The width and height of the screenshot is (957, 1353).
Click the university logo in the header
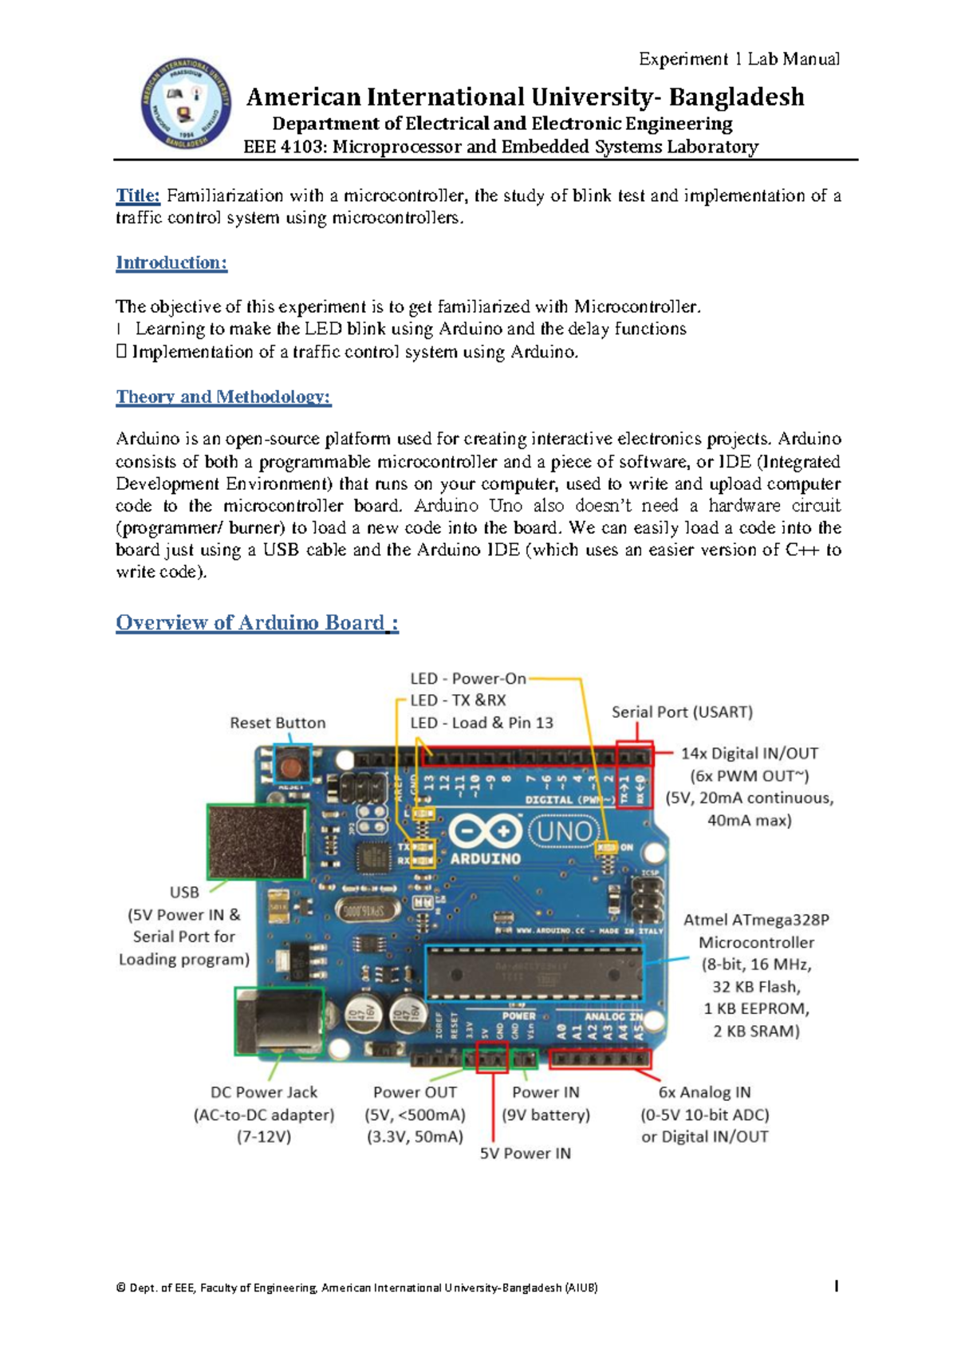coord(186,104)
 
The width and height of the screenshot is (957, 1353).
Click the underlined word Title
coord(138,195)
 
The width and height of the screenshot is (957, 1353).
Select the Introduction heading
coord(171,262)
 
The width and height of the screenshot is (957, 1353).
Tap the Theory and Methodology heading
coord(223,396)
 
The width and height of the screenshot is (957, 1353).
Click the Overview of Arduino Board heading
coord(257,622)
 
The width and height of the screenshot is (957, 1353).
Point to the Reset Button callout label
coord(278,723)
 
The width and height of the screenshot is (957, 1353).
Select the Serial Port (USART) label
coord(682,712)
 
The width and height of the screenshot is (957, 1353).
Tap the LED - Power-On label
coord(468,678)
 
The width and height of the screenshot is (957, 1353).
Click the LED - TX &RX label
coord(458,700)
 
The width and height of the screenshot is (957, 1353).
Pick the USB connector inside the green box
coord(257,841)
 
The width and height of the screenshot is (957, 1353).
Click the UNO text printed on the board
coord(565,832)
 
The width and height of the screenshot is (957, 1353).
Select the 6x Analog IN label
coord(704,1092)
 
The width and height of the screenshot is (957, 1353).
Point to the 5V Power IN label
coord(525,1153)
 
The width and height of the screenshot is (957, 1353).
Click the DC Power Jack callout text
coord(263,1092)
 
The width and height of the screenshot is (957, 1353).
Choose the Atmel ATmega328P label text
coord(756,920)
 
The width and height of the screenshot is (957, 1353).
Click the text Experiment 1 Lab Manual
coord(738,59)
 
